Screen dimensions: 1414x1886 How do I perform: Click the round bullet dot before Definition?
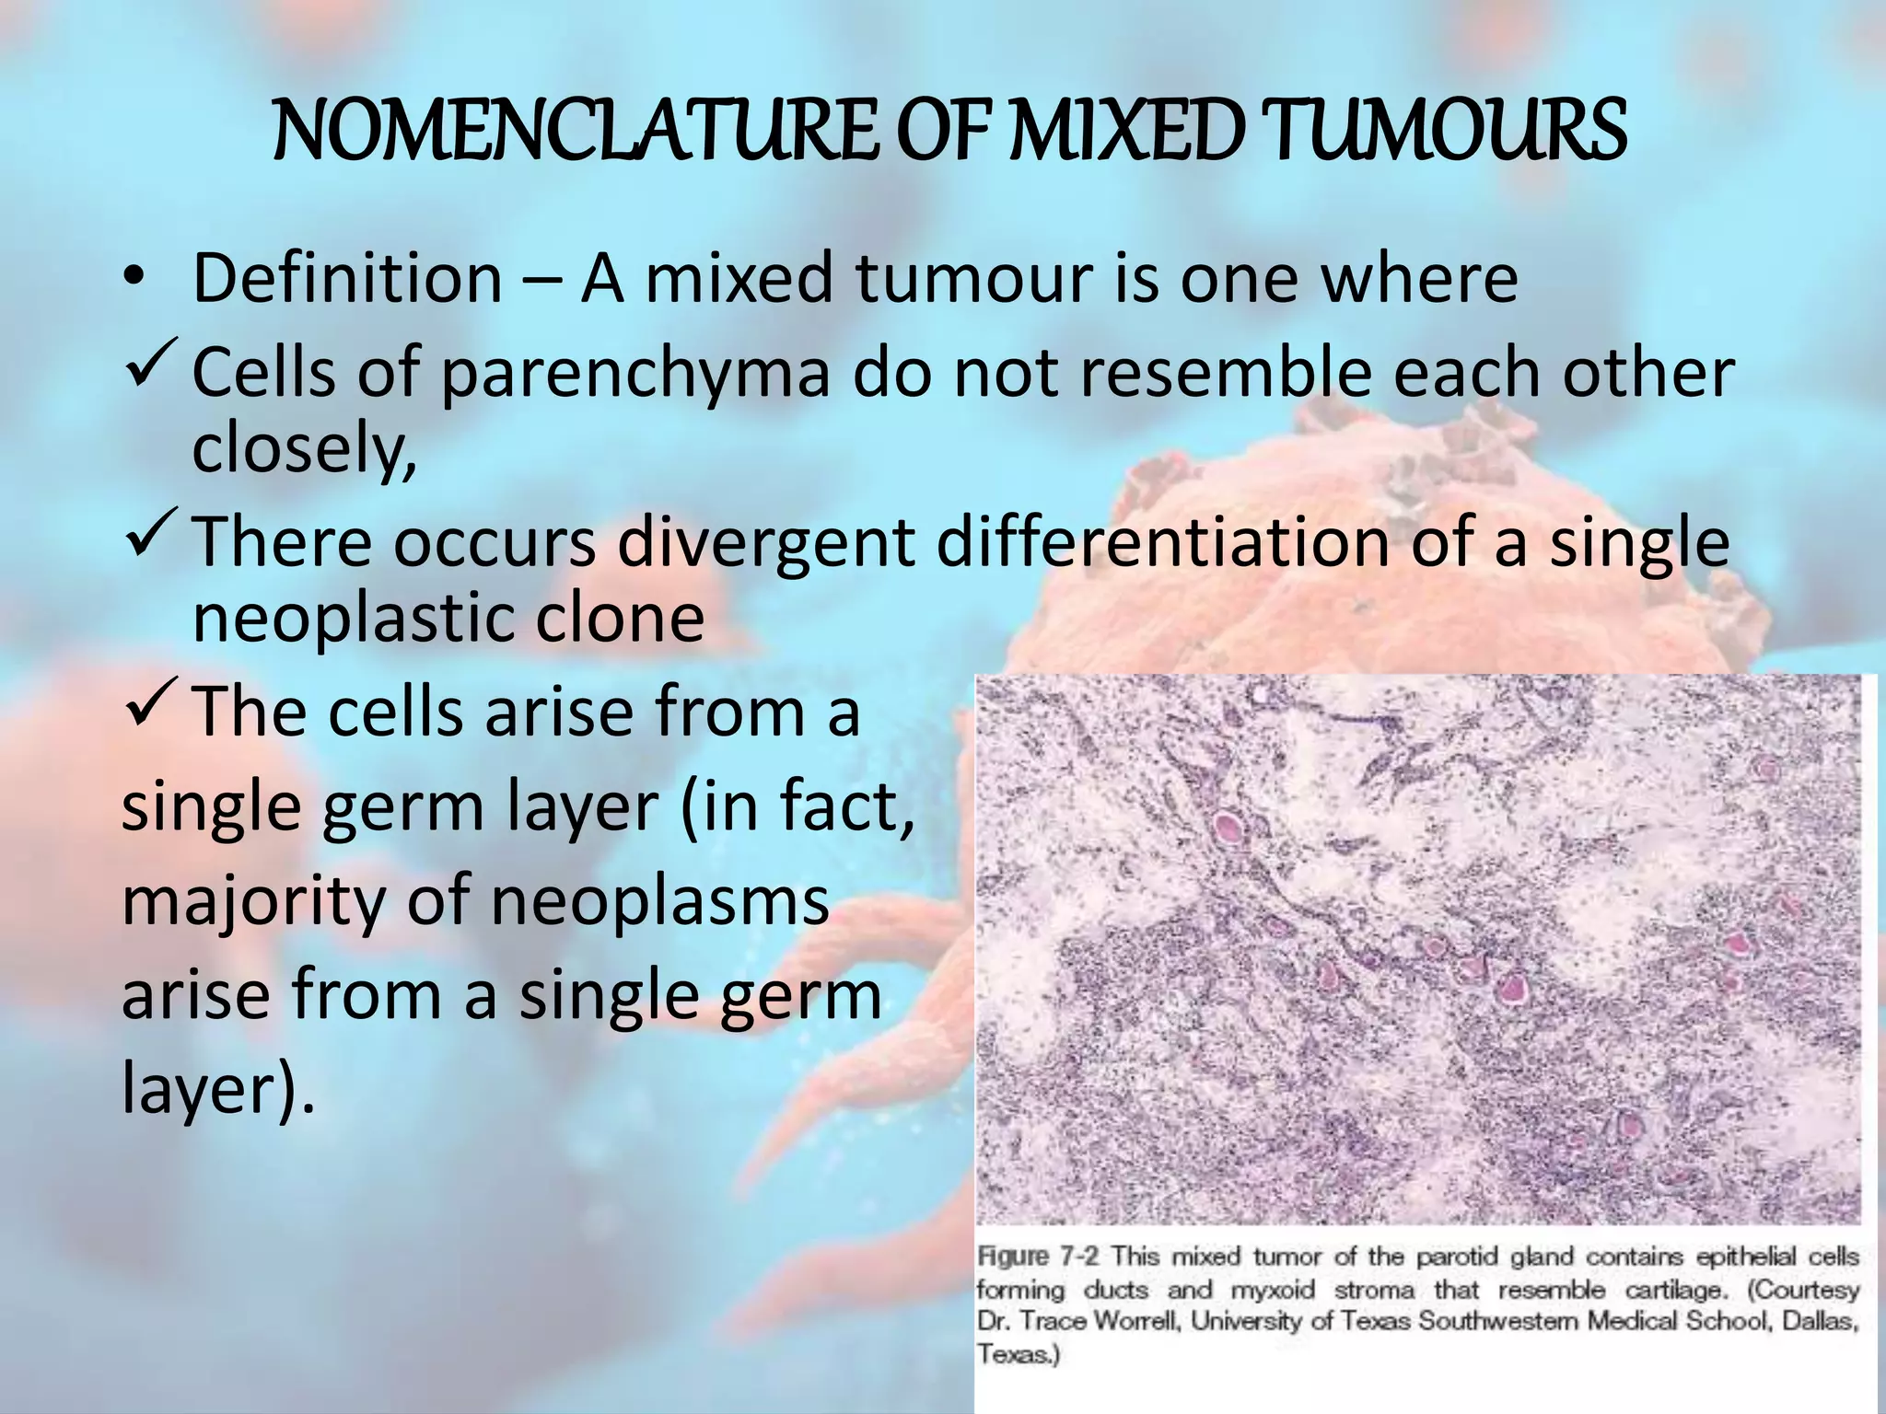134,279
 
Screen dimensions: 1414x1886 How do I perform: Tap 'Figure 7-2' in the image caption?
1040,1257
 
